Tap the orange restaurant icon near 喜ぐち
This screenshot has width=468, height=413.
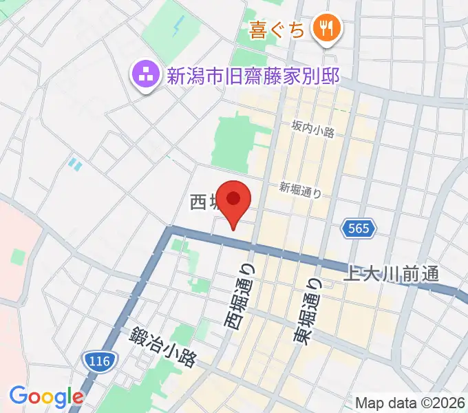click(x=324, y=29)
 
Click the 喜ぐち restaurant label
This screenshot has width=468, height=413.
click(x=277, y=30)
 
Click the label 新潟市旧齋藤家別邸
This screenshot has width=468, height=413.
click(x=253, y=74)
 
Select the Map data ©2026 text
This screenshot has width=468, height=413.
click(x=410, y=402)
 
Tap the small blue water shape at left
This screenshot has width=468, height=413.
click(x=74, y=164)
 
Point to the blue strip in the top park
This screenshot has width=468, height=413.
click(x=179, y=28)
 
